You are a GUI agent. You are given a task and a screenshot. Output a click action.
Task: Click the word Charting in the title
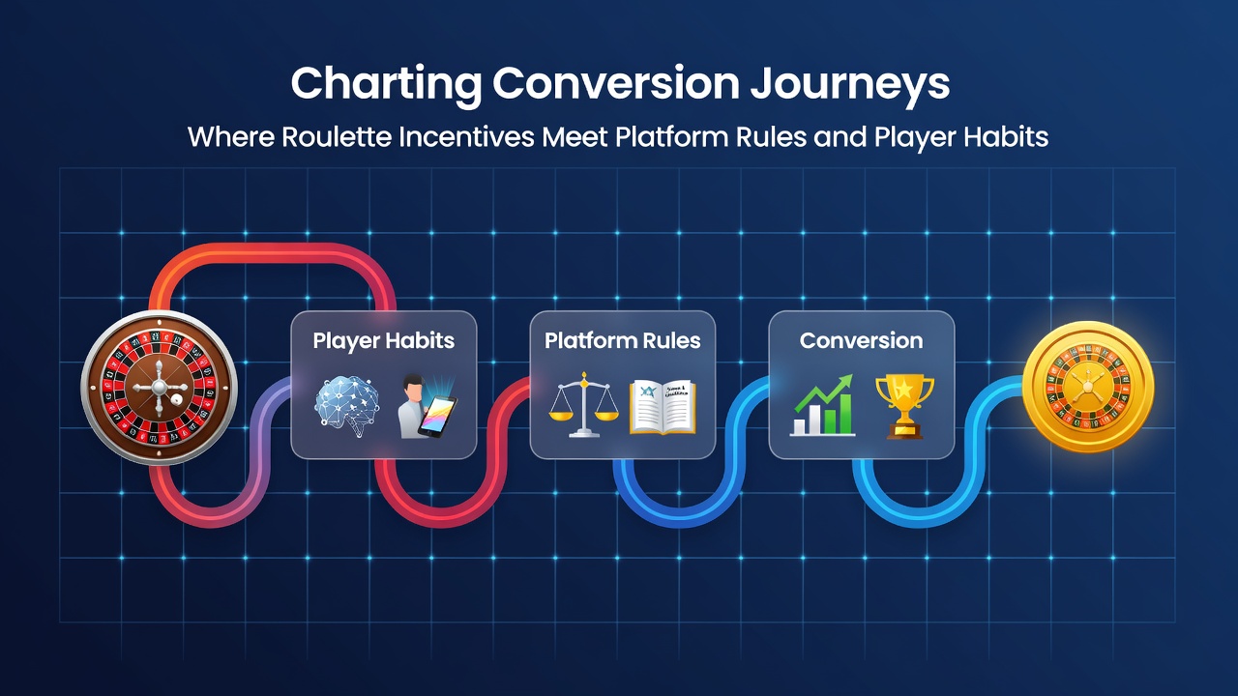tap(386, 84)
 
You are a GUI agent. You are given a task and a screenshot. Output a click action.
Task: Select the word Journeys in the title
tap(849, 84)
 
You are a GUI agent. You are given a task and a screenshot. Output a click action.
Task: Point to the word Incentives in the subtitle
tap(466, 137)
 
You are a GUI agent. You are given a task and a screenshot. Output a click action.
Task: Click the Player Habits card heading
tap(384, 341)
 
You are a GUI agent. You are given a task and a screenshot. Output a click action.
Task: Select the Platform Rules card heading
tap(622, 341)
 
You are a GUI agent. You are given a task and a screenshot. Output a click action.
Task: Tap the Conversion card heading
tap(861, 341)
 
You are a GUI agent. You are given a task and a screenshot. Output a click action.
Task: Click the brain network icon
tap(347, 406)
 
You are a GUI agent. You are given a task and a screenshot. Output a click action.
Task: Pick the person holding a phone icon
tap(427, 406)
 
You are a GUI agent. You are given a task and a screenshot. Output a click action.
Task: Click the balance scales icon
tap(583, 405)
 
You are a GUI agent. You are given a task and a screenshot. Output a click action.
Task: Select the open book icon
tap(663, 407)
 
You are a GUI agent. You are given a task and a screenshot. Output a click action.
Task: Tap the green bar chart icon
tap(823, 405)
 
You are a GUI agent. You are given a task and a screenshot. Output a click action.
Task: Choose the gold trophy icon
tap(904, 407)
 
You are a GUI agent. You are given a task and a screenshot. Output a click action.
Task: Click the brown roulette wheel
tap(160, 388)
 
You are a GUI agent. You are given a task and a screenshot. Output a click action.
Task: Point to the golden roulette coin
tap(1088, 387)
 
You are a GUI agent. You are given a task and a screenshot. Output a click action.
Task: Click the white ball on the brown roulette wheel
tap(177, 400)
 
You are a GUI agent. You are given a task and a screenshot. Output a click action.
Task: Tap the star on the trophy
tap(904, 390)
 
